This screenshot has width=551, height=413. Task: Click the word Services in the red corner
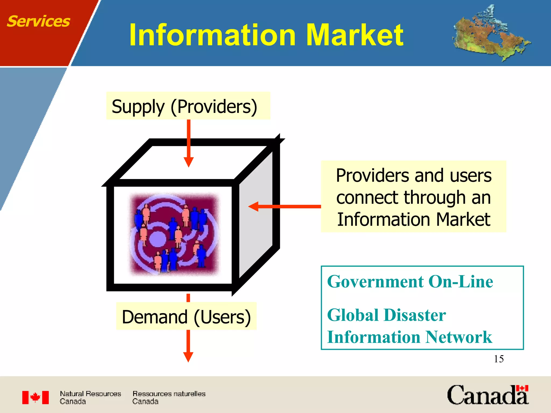coord(38,22)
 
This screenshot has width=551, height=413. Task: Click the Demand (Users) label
coord(186,316)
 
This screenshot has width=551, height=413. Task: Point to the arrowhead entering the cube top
coord(189,162)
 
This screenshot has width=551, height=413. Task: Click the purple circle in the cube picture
coord(157,239)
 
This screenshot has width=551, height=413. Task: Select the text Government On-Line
coord(410,282)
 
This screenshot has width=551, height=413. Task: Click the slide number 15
coord(499,359)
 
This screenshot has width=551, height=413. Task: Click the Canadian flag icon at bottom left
coord(36,397)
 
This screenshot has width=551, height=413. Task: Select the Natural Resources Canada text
coord(90,397)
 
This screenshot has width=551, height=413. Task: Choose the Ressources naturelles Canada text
coord(169,397)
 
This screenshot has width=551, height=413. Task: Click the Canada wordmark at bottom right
coord(488,395)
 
